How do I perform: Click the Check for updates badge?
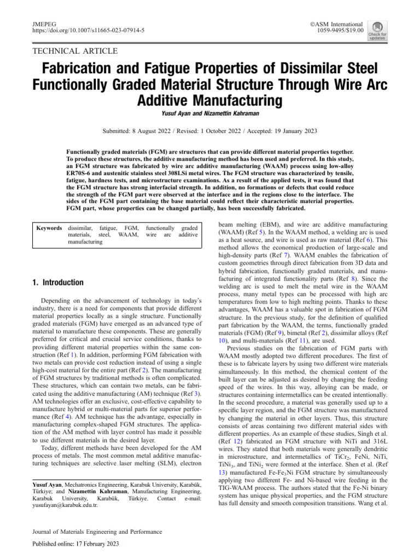[377, 30]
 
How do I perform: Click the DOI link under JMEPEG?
[85, 32]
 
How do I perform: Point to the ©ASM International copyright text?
[336, 24]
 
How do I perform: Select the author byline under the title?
[209, 114]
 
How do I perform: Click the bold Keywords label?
[49, 227]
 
